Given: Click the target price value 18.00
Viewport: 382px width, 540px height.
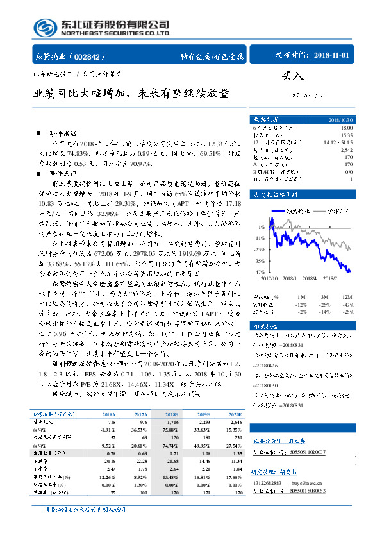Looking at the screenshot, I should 347,128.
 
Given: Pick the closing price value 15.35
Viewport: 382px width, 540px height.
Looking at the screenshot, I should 347,135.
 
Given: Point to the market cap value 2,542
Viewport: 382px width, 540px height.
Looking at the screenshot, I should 347,149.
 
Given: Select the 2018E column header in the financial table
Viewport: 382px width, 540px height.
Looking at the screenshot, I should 171,416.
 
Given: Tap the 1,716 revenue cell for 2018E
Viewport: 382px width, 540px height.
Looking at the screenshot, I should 171,422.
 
